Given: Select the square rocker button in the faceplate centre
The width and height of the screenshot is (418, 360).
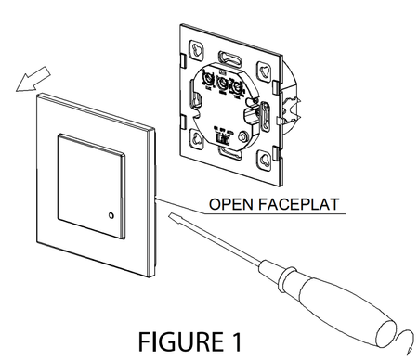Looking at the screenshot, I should click(x=89, y=180).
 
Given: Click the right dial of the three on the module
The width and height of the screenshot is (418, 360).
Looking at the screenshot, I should click(x=239, y=88).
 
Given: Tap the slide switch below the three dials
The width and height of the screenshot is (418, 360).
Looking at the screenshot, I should click(x=224, y=136).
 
